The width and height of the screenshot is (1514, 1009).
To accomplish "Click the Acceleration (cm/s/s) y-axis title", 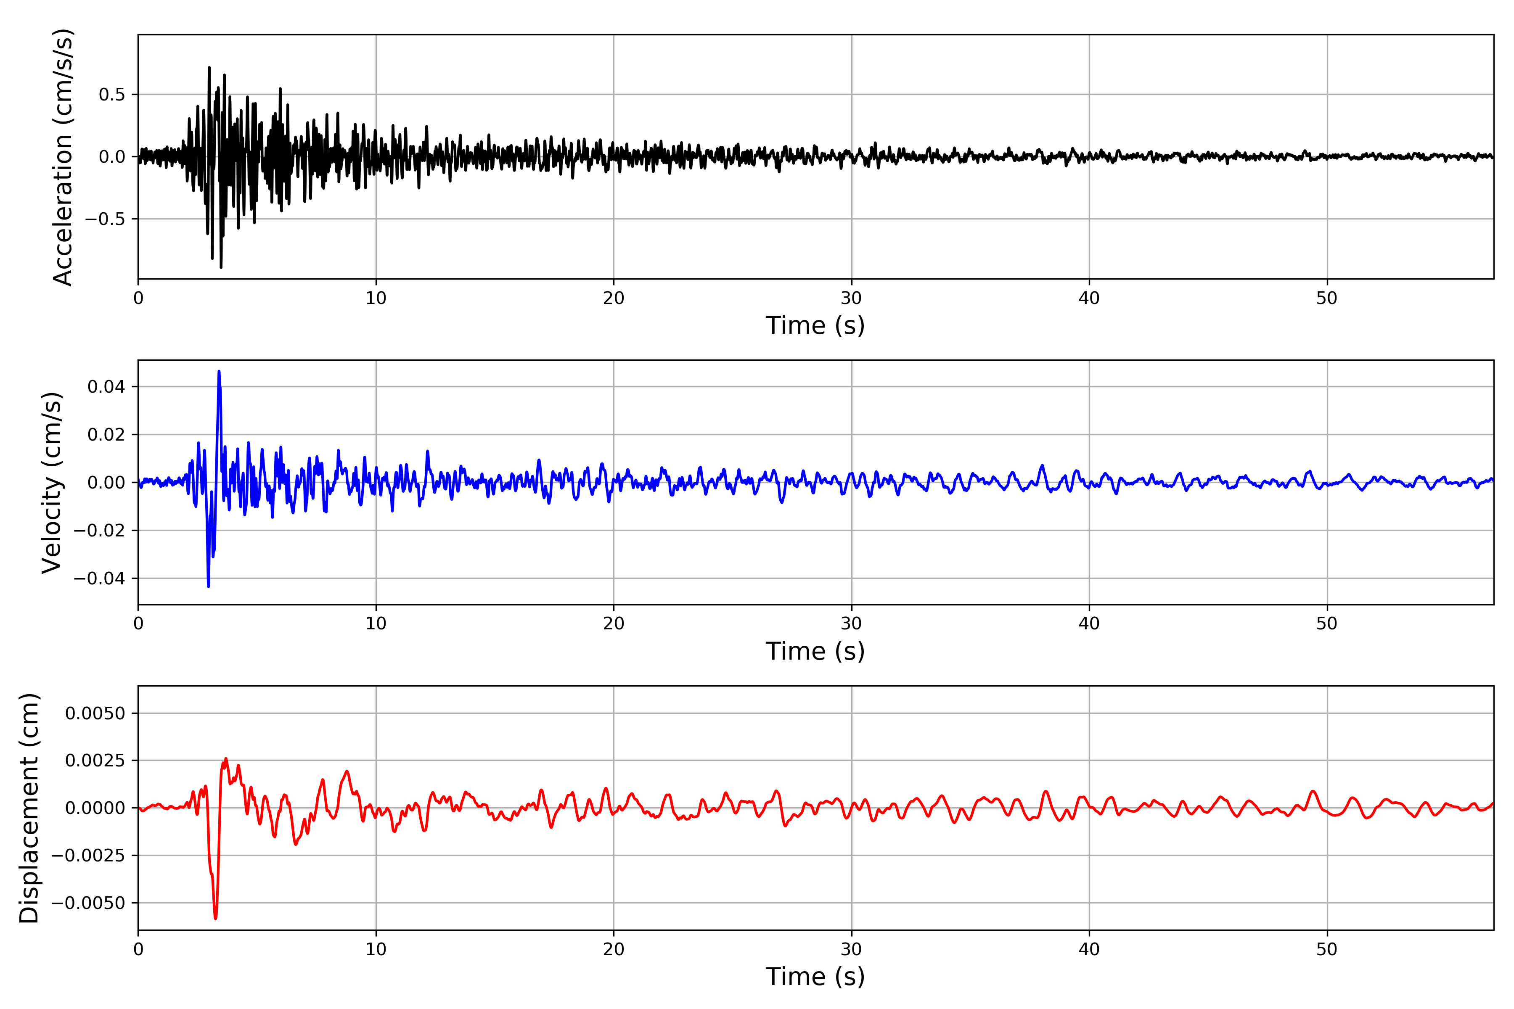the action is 63,157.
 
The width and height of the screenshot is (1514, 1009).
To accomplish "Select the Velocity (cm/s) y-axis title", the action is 51,483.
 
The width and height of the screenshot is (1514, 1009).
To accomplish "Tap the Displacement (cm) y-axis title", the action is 29,808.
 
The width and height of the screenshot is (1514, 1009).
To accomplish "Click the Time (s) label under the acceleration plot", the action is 815,325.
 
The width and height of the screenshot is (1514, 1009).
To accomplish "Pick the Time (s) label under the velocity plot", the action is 815,651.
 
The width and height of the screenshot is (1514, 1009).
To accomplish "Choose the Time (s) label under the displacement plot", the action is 815,977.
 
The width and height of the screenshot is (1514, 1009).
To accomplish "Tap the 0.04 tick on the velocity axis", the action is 107,387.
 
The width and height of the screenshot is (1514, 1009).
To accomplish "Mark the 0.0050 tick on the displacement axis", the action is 95,713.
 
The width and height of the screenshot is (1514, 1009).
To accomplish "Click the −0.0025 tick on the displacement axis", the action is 88,856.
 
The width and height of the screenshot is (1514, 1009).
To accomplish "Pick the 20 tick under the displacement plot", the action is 614,950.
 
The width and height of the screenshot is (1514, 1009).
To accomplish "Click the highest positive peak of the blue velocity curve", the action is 219,371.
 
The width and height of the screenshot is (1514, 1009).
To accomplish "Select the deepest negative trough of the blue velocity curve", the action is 209,586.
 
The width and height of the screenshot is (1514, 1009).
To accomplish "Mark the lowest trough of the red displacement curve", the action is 216,918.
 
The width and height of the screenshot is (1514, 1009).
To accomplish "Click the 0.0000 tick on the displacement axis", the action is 95,808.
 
